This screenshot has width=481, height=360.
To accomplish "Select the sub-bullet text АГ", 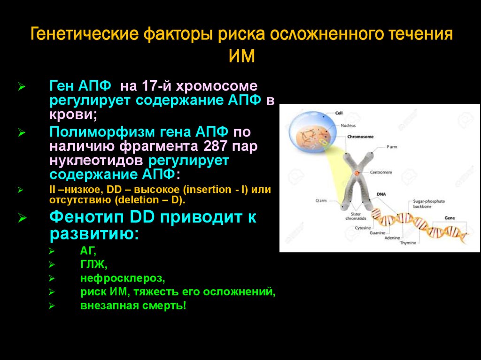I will coord(87,251).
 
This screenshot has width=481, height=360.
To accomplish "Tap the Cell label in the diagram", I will coord(339,113).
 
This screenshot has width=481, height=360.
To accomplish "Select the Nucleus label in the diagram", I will coord(348,125).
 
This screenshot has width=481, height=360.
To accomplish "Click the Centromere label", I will coord(381,172).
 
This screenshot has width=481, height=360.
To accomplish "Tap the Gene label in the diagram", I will coord(450,218).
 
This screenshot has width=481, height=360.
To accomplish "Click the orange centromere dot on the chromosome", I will coord(357,173).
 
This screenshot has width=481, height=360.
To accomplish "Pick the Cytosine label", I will coord(363,228).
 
